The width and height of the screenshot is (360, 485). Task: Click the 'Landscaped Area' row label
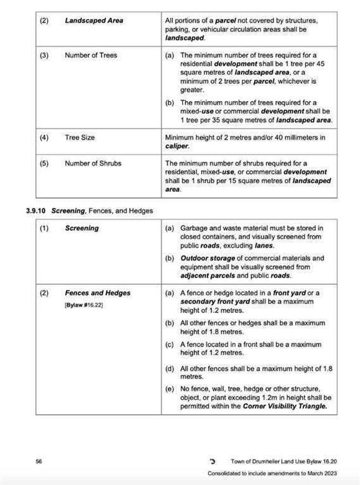[x=94, y=20]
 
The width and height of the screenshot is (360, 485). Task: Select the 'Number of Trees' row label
[x=91, y=55]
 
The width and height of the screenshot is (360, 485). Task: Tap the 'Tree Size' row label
[x=80, y=137]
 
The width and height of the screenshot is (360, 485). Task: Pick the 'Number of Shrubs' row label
[x=92, y=163]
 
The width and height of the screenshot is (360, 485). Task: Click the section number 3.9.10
[x=38, y=210]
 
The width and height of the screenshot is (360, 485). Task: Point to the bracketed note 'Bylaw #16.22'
[x=84, y=305]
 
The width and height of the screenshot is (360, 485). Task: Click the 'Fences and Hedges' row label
[x=97, y=293]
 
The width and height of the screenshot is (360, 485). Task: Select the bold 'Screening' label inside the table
[x=81, y=228]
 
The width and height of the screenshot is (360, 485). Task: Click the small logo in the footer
[x=213, y=461]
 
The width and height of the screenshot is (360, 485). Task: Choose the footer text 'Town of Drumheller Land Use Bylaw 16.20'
[x=284, y=461]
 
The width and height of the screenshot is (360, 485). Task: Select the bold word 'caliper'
[x=176, y=146]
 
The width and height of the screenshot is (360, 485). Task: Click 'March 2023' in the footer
[x=321, y=474]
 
